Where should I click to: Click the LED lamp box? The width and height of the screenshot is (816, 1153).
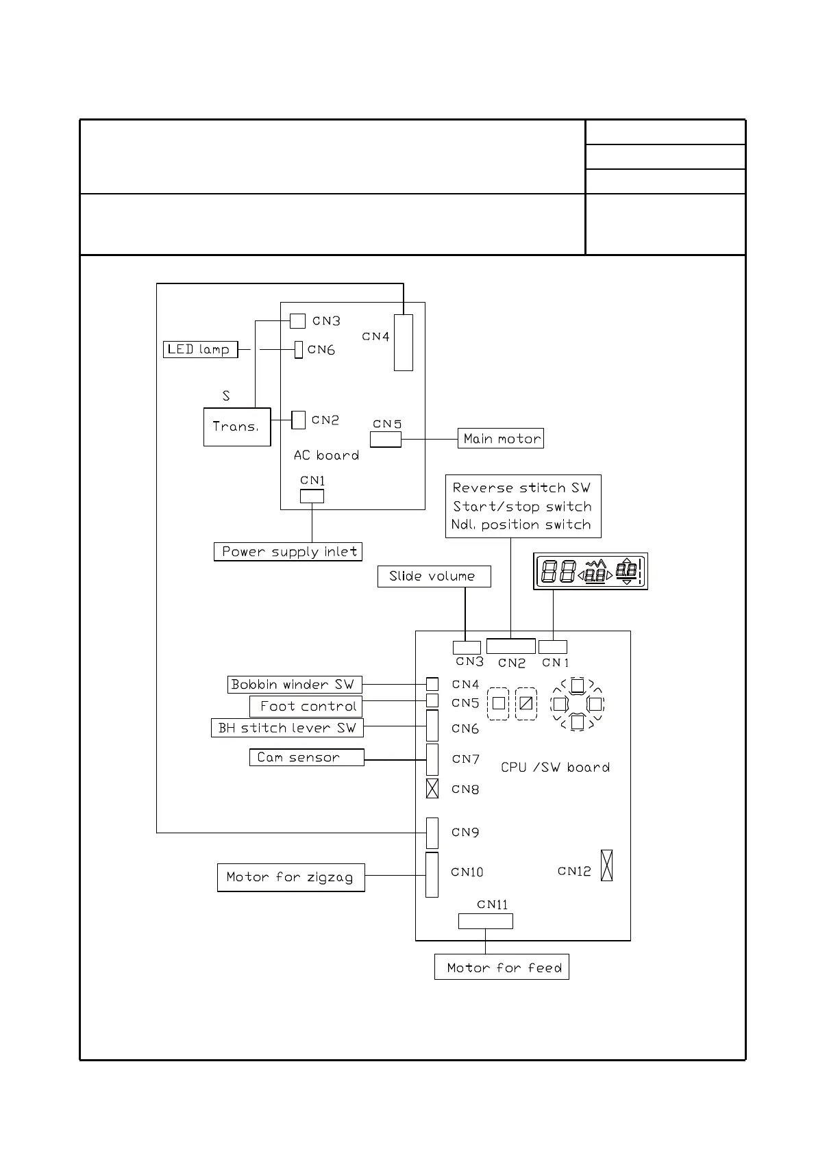pyautogui.click(x=200, y=349)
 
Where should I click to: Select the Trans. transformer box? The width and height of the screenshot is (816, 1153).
pyautogui.click(x=237, y=427)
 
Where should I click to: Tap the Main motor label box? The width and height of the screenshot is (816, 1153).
pyautogui.click(x=501, y=438)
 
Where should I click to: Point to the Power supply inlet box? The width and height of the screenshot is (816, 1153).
pyautogui.click(x=288, y=551)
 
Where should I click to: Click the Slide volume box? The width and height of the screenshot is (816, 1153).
pyautogui.click(x=434, y=576)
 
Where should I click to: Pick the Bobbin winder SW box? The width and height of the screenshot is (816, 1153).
pyautogui.click(x=295, y=684)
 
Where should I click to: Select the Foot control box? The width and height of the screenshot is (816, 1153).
pyautogui.click(x=306, y=706)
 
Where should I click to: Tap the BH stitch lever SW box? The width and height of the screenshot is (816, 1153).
pyautogui.click(x=287, y=728)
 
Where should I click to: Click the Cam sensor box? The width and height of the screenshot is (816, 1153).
pyautogui.click(x=306, y=757)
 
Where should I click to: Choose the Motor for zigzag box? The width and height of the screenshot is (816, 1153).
pyautogui.click(x=290, y=877)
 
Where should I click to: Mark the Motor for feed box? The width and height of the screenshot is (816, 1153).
pyautogui.click(x=502, y=967)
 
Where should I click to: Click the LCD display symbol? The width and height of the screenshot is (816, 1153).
pyautogui.click(x=591, y=571)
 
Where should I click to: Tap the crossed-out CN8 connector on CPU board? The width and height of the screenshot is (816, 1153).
pyautogui.click(x=432, y=789)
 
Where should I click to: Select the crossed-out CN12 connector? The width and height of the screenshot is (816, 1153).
pyautogui.click(x=606, y=865)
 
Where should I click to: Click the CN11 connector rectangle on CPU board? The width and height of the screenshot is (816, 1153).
pyautogui.click(x=485, y=921)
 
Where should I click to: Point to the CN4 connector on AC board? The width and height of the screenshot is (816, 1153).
pyautogui.click(x=404, y=342)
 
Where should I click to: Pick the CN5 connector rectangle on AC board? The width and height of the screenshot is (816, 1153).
pyautogui.click(x=386, y=439)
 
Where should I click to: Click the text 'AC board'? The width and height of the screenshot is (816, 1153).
pyautogui.click(x=326, y=455)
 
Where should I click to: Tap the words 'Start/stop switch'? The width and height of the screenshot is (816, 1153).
pyautogui.click(x=522, y=507)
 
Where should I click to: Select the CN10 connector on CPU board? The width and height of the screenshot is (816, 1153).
pyautogui.click(x=432, y=874)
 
